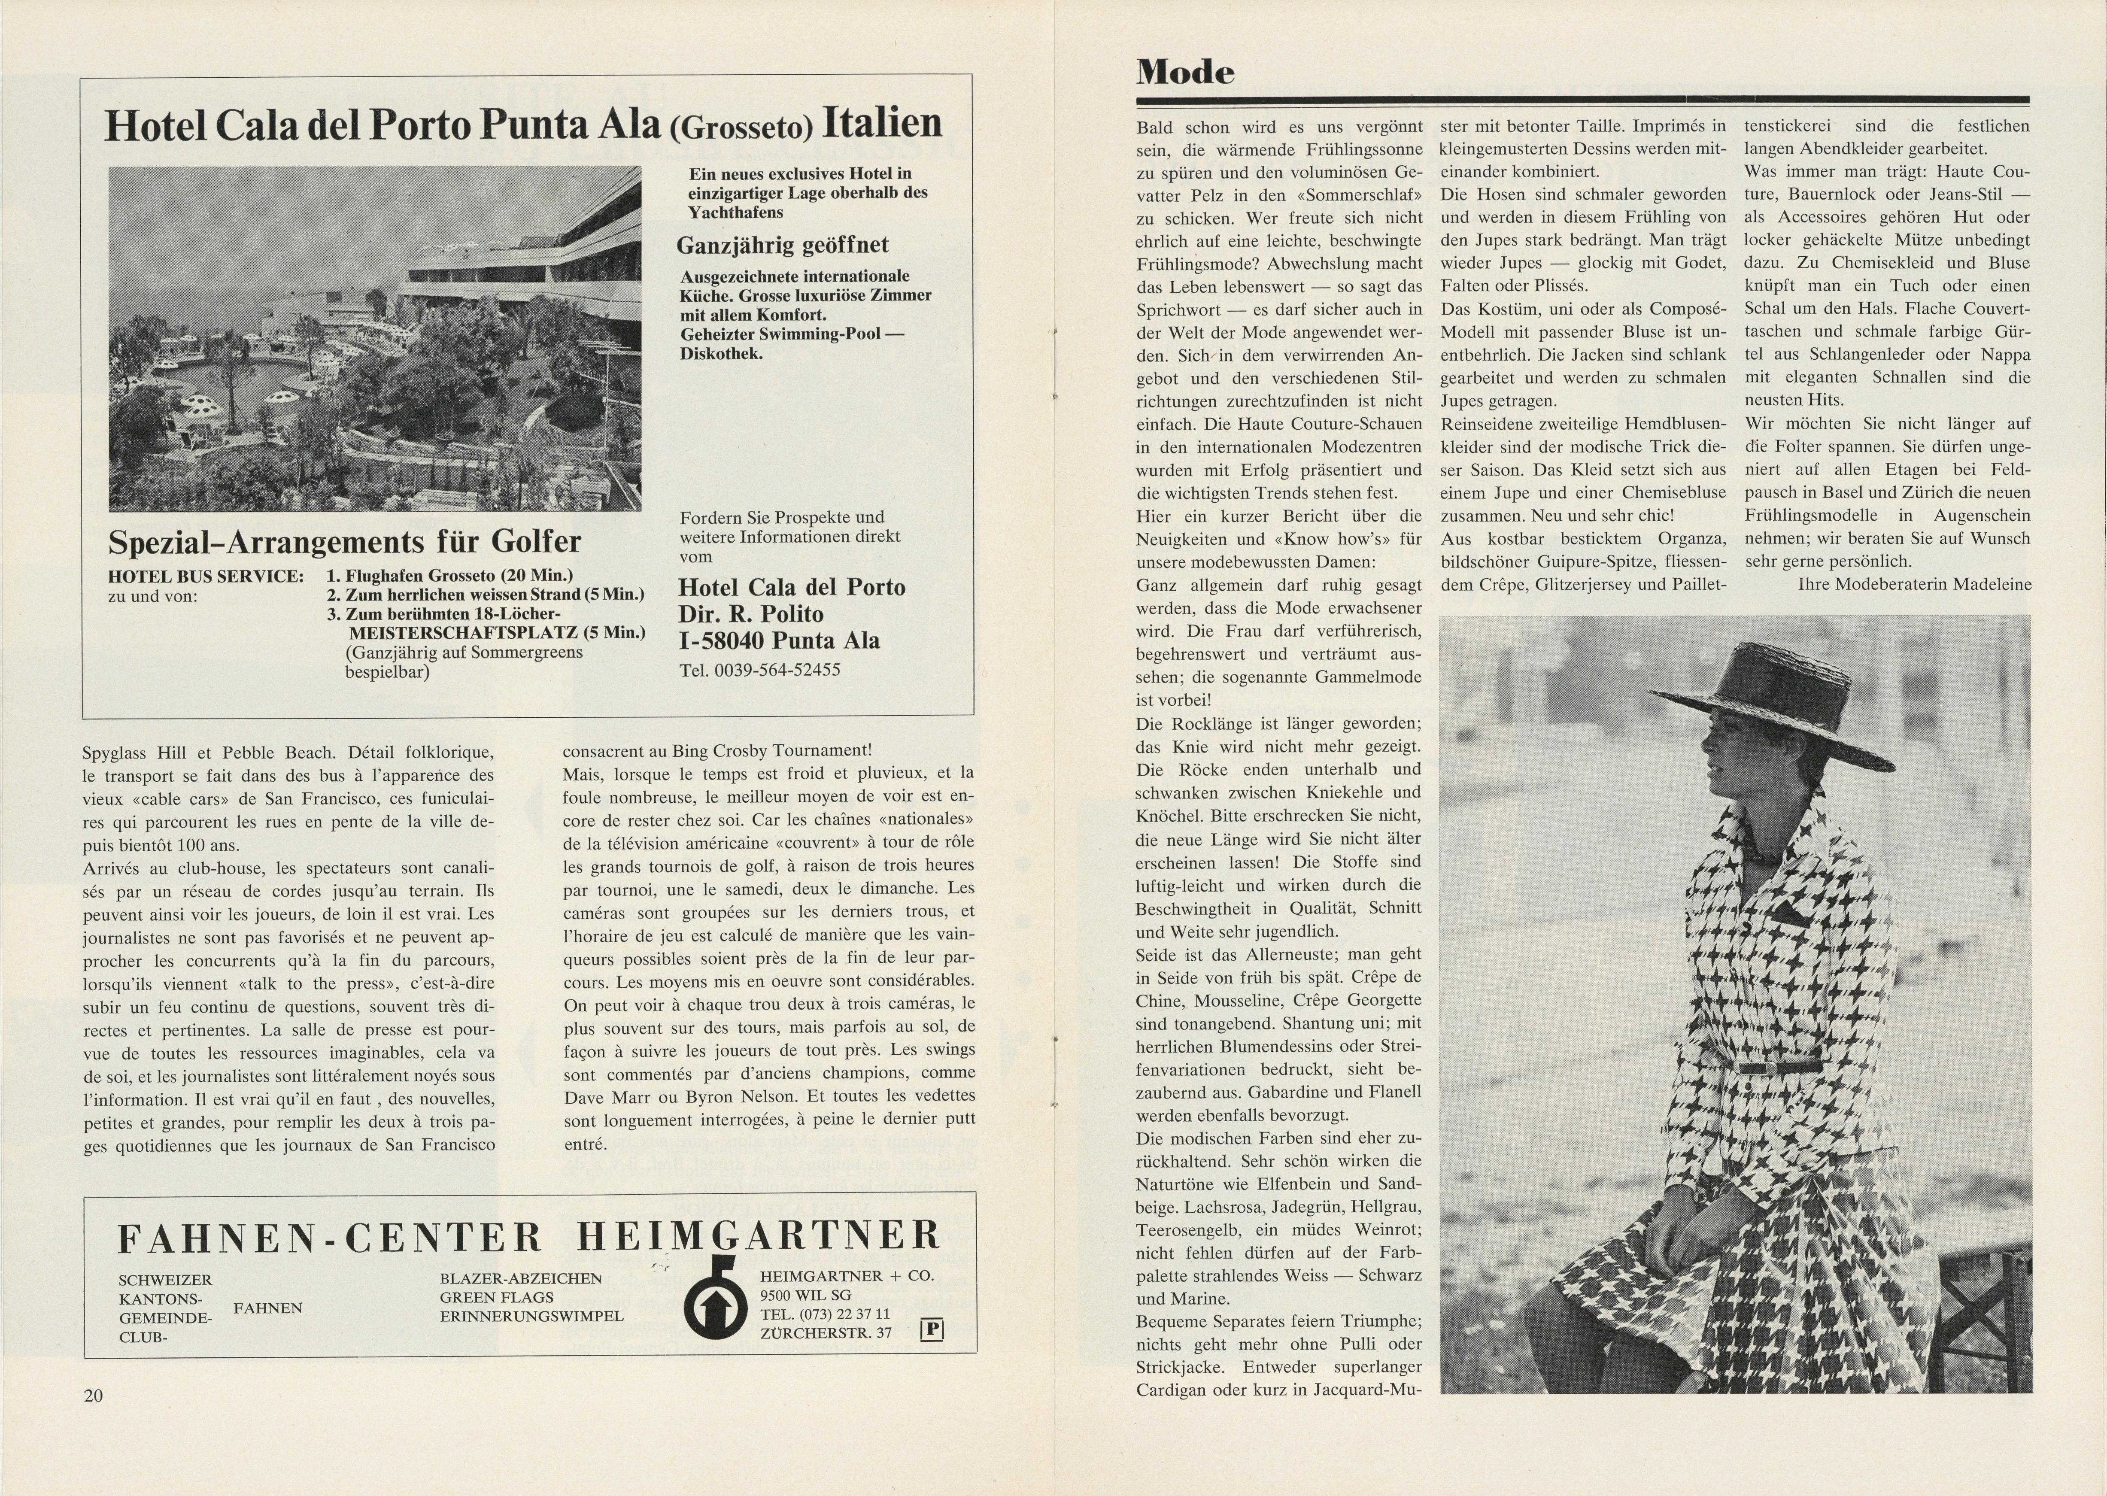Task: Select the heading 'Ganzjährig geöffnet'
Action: pyautogui.click(x=782, y=245)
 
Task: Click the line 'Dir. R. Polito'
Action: pyautogui.click(x=751, y=614)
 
